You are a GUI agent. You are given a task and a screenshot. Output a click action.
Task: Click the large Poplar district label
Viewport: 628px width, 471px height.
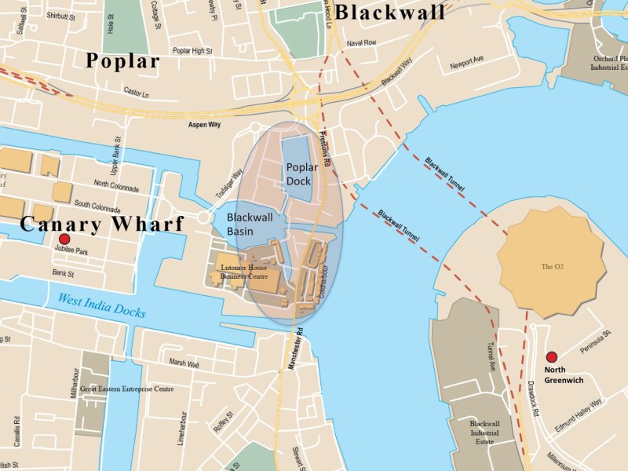122,61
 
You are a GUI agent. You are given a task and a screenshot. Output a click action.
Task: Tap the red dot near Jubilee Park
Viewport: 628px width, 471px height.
64,239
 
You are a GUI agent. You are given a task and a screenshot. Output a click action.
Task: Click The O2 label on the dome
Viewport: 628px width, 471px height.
553,267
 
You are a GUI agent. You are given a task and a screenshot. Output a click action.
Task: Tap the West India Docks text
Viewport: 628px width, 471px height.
101,305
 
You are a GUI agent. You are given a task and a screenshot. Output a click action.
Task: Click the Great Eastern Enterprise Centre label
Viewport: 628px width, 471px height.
126,389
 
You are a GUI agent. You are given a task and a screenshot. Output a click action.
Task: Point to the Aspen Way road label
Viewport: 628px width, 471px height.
203,124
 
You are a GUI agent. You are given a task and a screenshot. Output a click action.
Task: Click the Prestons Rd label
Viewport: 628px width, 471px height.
326,149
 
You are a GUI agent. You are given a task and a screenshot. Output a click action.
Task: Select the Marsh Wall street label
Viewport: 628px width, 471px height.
184,364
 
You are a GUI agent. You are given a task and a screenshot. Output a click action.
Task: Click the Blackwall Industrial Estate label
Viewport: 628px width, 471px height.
484,433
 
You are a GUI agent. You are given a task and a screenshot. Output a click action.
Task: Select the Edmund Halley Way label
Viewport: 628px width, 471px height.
579,414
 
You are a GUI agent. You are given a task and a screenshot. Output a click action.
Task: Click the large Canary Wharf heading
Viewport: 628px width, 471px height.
101,224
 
